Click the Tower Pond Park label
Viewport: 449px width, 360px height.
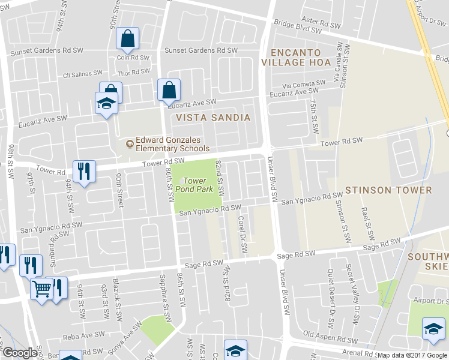[194, 185]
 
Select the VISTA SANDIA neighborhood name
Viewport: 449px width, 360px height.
[212, 118]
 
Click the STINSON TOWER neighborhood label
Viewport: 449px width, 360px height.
[388, 190]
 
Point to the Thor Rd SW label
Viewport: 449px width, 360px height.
[133, 73]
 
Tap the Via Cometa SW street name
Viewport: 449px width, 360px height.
[304, 84]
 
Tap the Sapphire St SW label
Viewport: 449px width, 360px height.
[162, 294]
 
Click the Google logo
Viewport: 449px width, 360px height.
[20, 353]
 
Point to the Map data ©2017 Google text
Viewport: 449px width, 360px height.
[412, 355]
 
